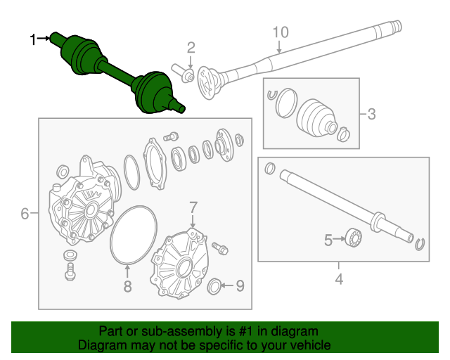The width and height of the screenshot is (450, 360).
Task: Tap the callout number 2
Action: (191, 48)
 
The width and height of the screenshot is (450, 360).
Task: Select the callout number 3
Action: (371, 112)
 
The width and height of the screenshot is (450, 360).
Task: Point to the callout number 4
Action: (339, 280)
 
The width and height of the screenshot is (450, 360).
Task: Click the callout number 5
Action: (328, 240)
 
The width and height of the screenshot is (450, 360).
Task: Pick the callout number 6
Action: (25, 213)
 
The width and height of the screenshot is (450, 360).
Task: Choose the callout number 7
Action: (193, 207)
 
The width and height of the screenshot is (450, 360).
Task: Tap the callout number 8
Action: (127, 286)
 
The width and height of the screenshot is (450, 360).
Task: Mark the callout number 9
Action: (240, 285)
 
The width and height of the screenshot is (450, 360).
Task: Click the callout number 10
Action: (280, 32)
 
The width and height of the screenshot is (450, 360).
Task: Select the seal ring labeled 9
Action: (216, 285)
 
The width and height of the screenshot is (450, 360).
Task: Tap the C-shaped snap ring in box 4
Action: (420, 243)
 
